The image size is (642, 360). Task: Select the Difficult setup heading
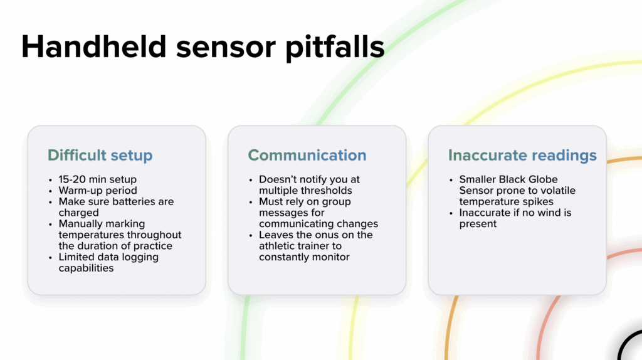pyautogui.click(x=100, y=155)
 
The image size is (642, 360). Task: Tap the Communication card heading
pyautogui.click(x=307, y=155)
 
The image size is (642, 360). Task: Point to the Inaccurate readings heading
pyautogui.click(x=522, y=155)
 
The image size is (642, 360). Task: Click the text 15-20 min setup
pyautogui.click(x=97, y=179)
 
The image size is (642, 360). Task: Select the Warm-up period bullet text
pyautogui.click(x=98, y=191)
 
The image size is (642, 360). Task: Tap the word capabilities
pyautogui.click(x=86, y=268)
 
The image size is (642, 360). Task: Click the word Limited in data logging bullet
pyautogui.click(x=74, y=257)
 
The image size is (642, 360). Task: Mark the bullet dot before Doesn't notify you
pyautogui.click(x=251, y=180)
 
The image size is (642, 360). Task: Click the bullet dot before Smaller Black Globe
pyautogui.click(x=451, y=180)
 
